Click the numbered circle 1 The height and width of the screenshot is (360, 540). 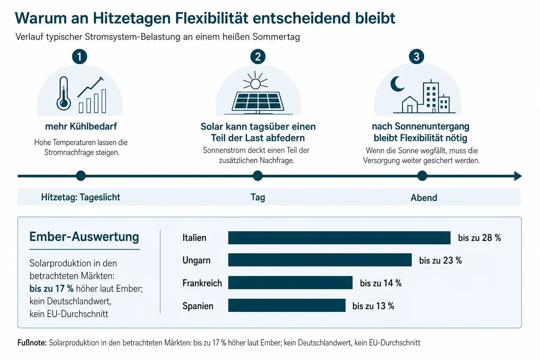[79, 57]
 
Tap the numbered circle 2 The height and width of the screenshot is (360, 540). [258, 57]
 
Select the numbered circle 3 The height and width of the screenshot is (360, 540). [416, 57]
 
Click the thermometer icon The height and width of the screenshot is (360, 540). [64, 93]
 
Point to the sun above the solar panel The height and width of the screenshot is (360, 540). [255, 81]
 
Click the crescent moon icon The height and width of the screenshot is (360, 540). [397, 84]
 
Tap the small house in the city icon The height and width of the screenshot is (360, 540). [410, 104]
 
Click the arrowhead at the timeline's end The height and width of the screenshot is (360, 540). [518, 176]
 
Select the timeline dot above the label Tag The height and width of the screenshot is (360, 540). [258, 176]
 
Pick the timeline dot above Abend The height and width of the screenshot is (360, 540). [422, 176]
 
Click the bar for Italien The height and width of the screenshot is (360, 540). [339, 238]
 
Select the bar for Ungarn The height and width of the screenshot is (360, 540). [320, 260]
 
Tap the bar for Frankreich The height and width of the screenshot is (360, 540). [290, 283]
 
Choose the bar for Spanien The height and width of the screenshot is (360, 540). [287, 306]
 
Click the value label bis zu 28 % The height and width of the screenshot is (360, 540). [479, 238]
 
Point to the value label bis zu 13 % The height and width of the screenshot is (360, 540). [373, 306]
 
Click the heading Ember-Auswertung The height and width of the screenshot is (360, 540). [84, 237]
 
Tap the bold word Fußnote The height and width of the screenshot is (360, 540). [32, 343]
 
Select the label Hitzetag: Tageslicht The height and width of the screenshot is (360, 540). [81, 197]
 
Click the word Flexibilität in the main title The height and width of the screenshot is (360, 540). [211, 18]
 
